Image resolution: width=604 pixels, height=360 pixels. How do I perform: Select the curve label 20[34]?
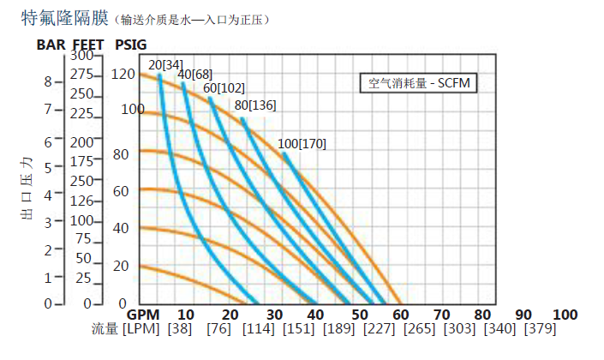[x=164, y=64]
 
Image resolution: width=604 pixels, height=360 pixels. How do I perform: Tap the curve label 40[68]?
[x=194, y=75]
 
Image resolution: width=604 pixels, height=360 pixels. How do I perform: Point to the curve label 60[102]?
[x=225, y=88]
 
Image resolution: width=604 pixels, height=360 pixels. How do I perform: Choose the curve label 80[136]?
[x=255, y=106]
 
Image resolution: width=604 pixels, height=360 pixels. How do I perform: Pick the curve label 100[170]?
[x=302, y=144]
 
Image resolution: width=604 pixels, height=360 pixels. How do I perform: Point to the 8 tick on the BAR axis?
[x=48, y=82]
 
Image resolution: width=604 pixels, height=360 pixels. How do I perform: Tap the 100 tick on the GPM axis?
[x=565, y=315]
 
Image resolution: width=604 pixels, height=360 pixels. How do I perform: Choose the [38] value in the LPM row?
[x=179, y=330]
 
